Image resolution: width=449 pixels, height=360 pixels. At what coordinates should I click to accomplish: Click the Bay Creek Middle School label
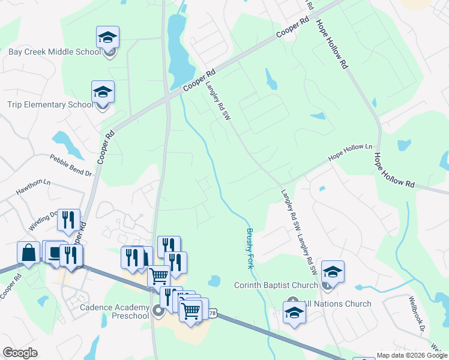coord(55,52)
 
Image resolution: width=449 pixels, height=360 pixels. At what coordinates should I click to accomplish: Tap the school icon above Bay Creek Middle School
coord(108,38)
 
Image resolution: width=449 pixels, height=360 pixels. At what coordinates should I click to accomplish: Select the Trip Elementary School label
coord(50,105)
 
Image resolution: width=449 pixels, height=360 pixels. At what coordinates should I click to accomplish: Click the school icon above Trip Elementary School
coord(103,92)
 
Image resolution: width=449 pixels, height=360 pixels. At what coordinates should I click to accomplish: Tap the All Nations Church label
coord(337,304)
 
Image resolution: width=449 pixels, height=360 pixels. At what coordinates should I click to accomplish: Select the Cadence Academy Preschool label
coord(114,311)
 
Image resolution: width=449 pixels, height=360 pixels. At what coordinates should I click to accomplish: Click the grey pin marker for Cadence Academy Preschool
coord(158,310)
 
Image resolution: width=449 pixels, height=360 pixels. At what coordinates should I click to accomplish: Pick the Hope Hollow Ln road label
coord(350,153)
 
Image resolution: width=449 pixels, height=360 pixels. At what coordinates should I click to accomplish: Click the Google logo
coord(20,353)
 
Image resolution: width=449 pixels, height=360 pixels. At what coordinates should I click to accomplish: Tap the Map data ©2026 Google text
coord(412,355)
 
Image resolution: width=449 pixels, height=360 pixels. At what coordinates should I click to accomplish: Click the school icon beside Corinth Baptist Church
coord(333,272)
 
